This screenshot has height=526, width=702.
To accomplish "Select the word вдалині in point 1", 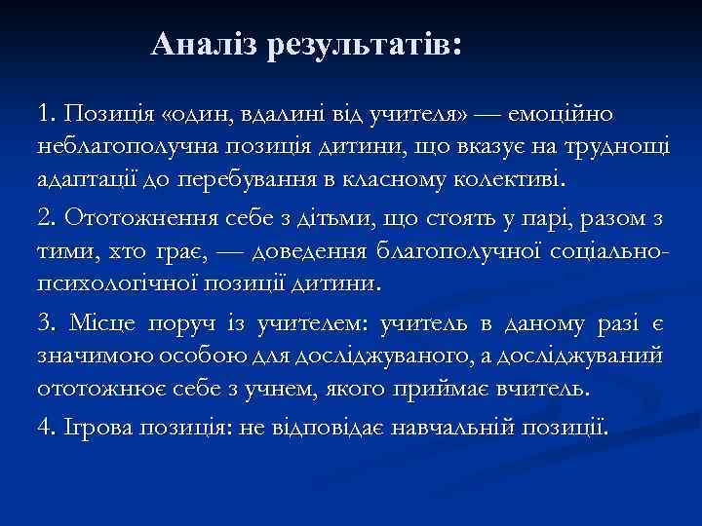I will [252, 115].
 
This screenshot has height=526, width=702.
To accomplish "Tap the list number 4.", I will [46, 427].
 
